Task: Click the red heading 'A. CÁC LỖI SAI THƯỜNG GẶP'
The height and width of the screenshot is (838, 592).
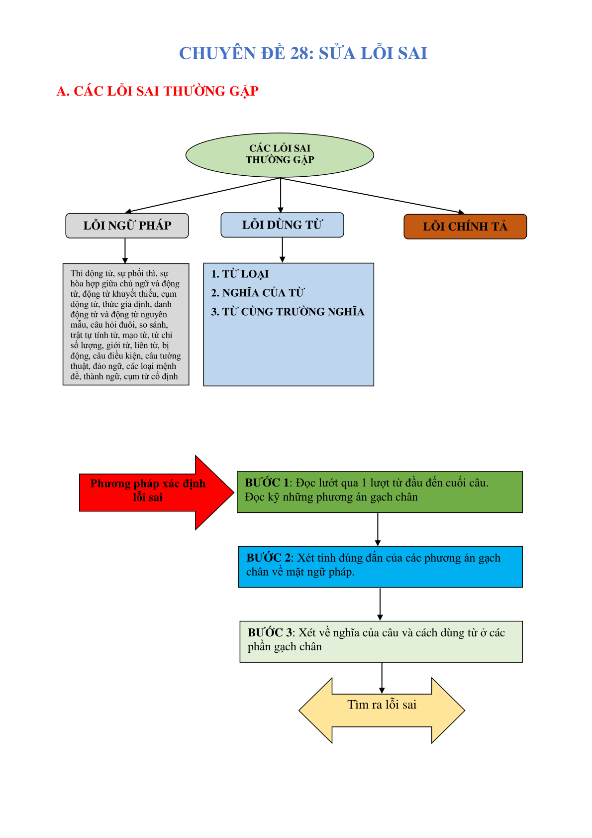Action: click(157, 91)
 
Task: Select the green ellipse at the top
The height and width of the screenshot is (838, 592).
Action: click(280, 155)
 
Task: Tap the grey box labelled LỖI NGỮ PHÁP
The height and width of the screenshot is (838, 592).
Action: click(127, 226)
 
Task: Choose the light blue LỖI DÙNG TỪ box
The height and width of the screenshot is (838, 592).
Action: click(282, 225)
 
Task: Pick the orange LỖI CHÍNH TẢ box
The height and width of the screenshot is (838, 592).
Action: click(465, 227)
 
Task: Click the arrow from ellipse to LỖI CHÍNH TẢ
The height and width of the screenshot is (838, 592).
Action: click(372, 196)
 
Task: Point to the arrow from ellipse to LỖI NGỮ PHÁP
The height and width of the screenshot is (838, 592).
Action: click(203, 195)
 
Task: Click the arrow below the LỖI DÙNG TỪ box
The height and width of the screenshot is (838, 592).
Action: click(282, 250)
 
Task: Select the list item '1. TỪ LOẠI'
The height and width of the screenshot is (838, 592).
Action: click(240, 274)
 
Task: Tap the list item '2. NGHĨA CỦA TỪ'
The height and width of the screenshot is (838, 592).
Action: click(258, 293)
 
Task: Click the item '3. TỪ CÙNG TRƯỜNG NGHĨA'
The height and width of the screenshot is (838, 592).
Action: click(288, 312)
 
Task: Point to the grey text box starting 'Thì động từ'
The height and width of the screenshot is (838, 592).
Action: click(126, 324)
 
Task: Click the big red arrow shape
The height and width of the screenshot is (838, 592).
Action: click(157, 492)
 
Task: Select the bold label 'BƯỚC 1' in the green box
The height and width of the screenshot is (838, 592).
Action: click(267, 482)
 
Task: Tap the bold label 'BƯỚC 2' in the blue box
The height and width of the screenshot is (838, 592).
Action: click(268, 558)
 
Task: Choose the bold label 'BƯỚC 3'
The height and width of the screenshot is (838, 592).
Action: click(270, 633)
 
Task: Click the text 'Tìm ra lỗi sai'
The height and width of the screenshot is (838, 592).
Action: click(382, 705)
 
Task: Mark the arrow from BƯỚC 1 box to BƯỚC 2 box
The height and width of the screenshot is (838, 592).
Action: click(378, 529)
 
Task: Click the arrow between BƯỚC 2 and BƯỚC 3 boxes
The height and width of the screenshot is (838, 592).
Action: click(380, 604)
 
